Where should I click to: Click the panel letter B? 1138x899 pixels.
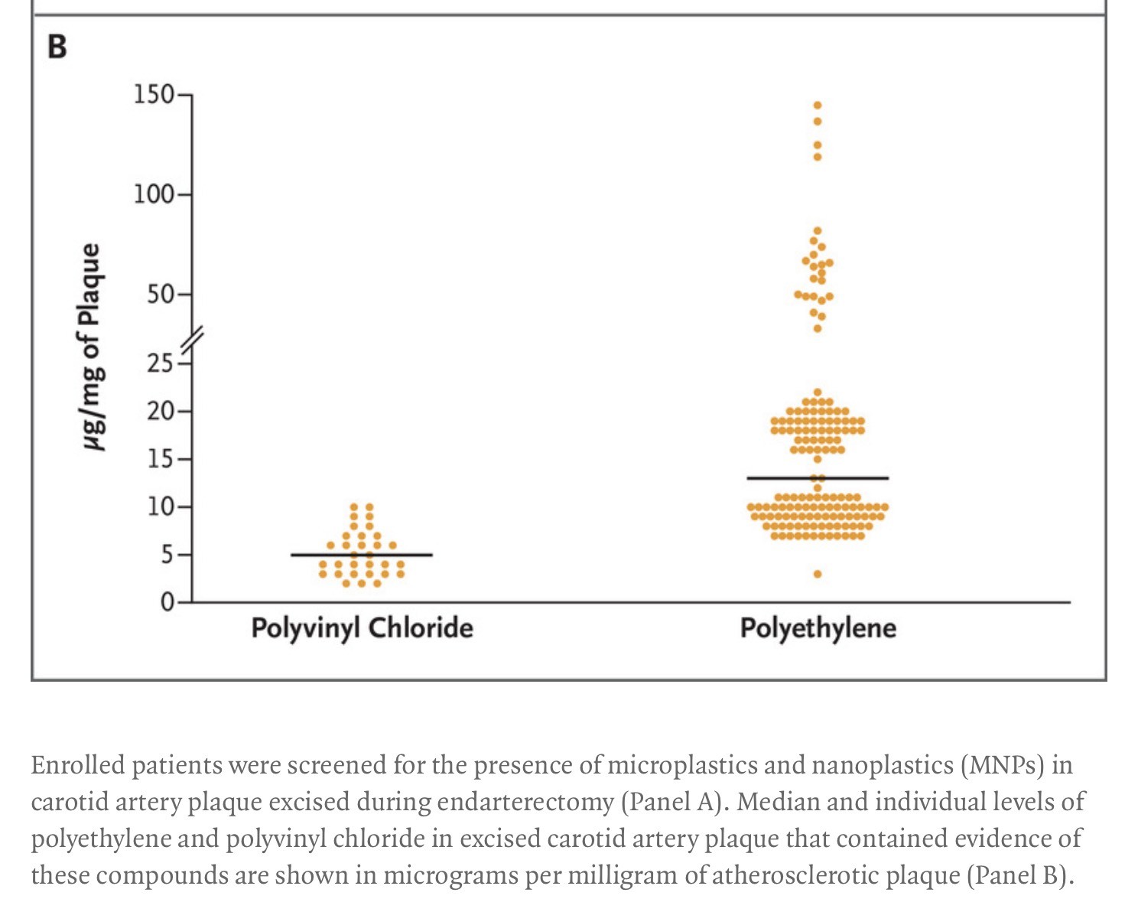click(57, 47)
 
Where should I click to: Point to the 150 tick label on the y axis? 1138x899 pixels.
click(154, 95)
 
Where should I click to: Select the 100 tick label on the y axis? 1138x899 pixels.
click(154, 194)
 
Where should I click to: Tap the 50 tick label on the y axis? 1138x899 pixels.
click(160, 294)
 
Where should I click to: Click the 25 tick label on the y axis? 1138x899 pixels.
click(160, 363)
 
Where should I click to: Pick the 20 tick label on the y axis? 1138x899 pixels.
click(160, 412)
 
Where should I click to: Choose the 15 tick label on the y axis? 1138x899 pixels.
click(160, 459)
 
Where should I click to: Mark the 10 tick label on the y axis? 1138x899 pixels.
click(160, 507)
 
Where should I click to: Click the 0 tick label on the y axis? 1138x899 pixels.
click(167, 603)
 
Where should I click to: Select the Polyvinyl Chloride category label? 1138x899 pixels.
click(362, 628)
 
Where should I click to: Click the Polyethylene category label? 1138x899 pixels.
click(818, 628)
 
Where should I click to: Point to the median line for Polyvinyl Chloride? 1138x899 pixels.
click(361, 555)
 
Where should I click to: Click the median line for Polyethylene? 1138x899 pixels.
click(818, 478)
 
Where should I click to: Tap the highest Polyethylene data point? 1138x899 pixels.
click(818, 105)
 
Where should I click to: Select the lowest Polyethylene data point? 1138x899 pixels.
click(818, 574)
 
